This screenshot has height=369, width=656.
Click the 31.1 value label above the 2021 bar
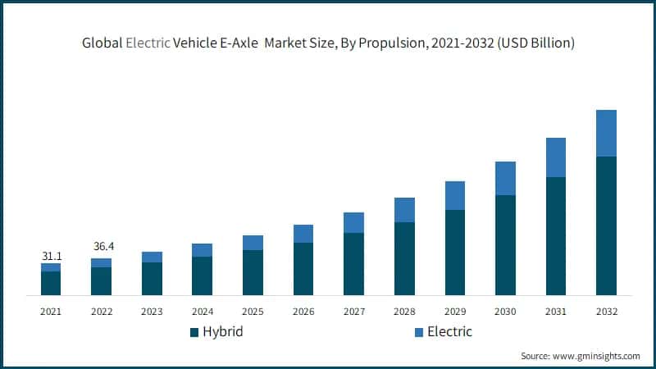click(51, 257)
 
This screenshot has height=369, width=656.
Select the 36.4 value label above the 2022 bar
click(102, 246)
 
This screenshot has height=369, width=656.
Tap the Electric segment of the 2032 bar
click(606, 133)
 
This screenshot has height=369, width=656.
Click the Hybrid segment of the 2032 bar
click(606, 225)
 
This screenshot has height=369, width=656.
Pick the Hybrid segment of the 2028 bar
click(404, 258)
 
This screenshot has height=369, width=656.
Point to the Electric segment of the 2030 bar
click(505, 178)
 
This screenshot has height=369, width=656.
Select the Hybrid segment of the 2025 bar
click(253, 272)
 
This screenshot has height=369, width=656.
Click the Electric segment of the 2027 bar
click(353, 222)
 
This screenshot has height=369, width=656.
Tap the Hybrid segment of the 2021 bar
click(51, 283)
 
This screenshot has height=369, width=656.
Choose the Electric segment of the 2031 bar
click(556, 157)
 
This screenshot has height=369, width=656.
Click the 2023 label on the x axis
click(152, 312)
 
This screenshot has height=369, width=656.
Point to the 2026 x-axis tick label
click(303, 312)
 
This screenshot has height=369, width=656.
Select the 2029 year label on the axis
click(455, 312)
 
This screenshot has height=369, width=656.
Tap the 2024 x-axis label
click(203, 312)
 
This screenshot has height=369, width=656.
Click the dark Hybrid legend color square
click(194, 332)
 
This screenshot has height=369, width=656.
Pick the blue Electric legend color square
click(418, 332)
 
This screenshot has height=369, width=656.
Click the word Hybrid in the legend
click(223, 332)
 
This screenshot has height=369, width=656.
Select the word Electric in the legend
click(450, 332)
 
